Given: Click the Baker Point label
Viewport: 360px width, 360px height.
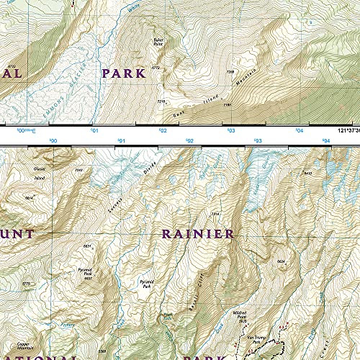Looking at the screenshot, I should tap(158, 42).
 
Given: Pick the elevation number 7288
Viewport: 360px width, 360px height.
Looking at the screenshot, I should tap(230, 72).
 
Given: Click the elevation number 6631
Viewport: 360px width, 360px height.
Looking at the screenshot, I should tap(86, 246).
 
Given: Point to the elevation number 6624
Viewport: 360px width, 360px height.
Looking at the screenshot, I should tap(282, 260).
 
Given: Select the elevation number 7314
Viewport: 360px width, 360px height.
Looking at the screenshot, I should tap(214, 214).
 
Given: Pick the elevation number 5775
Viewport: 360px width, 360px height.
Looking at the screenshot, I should tap(26, 284).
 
